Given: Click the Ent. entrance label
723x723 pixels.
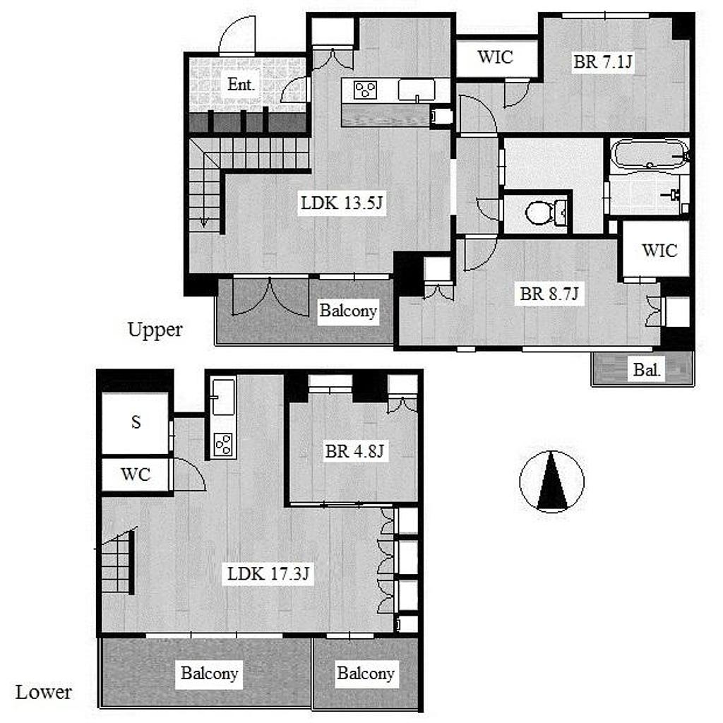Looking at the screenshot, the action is (241, 85).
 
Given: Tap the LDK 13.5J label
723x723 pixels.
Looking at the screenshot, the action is (342, 203).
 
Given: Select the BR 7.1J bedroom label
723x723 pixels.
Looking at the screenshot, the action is (603, 61).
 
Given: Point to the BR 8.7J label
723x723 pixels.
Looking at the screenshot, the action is (549, 294).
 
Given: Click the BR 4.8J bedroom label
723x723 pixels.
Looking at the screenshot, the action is (354, 451).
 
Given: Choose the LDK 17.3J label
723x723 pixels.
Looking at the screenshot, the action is (268, 574).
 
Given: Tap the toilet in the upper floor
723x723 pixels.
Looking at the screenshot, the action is (546, 213).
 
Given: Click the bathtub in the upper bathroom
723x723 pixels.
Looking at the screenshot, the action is (650, 154).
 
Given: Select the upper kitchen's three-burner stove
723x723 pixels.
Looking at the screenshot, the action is (366, 90).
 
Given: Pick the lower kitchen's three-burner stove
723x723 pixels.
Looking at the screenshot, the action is (224, 445).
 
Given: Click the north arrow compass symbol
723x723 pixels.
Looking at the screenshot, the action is (552, 482).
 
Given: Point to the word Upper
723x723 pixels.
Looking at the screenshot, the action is (155, 330).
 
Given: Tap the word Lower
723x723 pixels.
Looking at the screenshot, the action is (44, 692).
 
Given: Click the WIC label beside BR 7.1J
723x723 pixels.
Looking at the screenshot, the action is (495, 57).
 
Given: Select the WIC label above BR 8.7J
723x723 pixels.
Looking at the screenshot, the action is (659, 251).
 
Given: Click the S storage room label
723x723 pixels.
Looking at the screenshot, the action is (136, 422).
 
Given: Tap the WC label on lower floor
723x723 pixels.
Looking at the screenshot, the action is (136, 474).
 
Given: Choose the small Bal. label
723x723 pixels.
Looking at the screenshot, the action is (647, 369).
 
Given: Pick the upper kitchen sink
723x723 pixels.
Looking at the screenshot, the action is (417, 90).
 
